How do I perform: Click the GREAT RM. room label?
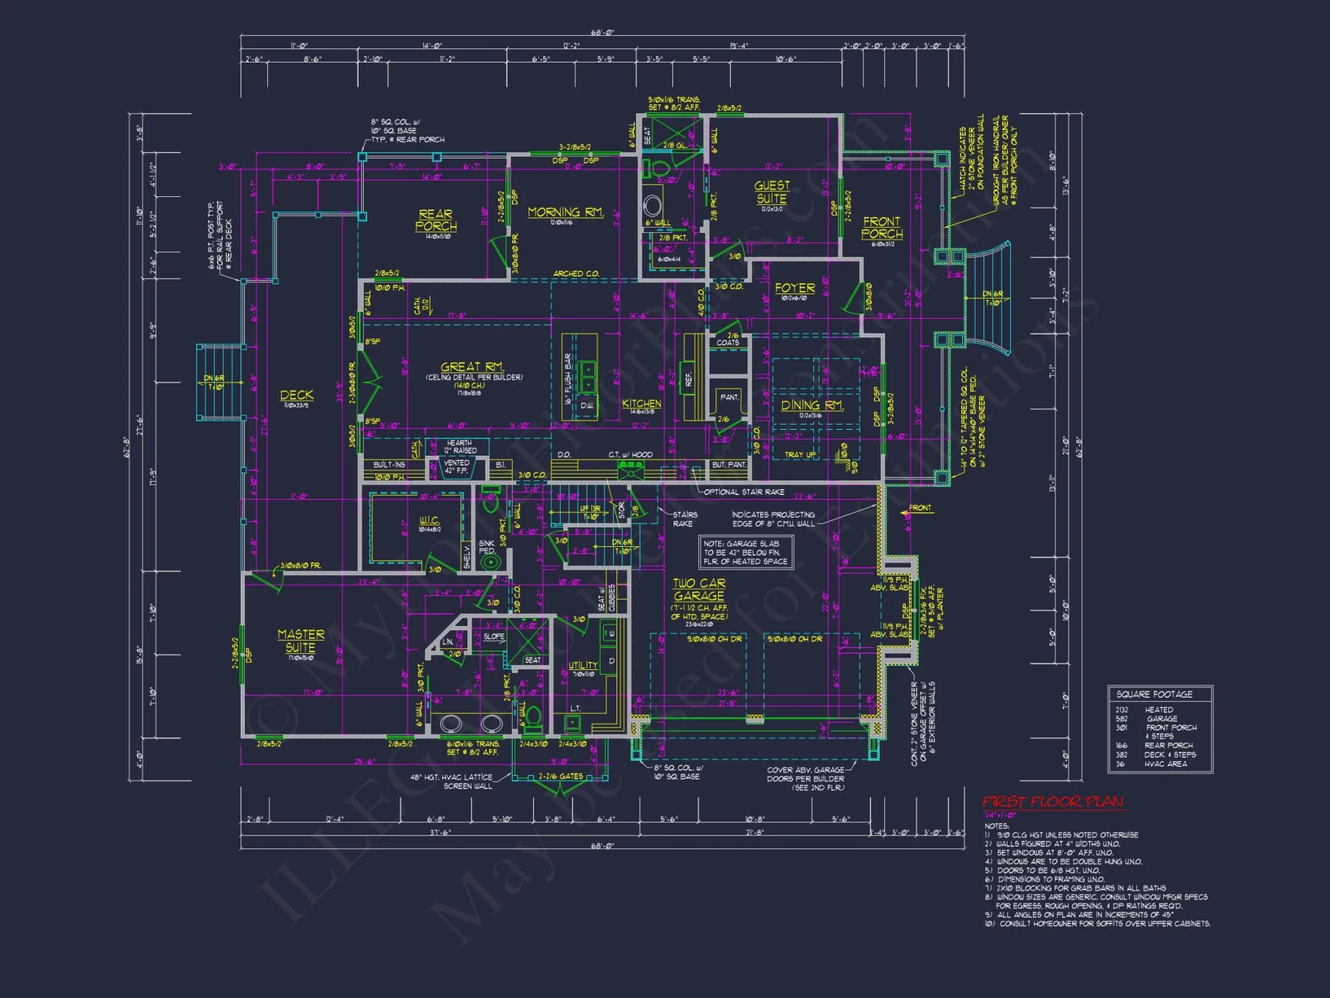tap(472, 367)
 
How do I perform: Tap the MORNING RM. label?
tap(565, 212)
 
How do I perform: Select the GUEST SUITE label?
tap(771, 192)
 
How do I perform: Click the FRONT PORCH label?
tap(882, 228)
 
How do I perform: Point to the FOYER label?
tap(795, 288)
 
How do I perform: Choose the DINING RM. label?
tap(811, 405)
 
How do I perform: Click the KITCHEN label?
tap(642, 403)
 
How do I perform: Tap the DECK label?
tap(297, 395)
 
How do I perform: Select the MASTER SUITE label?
tap(301, 641)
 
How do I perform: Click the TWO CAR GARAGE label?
tap(699, 589)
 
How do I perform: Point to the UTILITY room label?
tap(583, 665)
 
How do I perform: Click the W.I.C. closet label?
tap(429, 520)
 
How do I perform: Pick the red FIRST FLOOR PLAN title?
tap(1053, 802)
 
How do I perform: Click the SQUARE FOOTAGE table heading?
tap(1154, 694)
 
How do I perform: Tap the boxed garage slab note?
tap(745, 553)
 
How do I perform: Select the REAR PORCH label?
tap(436, 220)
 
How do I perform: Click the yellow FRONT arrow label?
tap(920, 508)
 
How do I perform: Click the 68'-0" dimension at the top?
tap(602, 33)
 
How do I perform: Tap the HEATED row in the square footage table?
tap(1158, 710)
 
